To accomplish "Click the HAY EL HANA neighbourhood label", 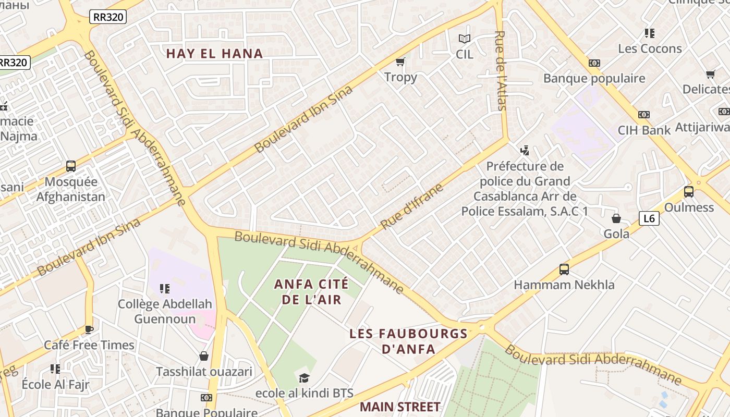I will pos(214,53).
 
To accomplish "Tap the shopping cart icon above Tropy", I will pos(400,62).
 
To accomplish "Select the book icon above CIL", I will pos(464,39).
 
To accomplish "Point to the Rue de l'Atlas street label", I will pos(501,70).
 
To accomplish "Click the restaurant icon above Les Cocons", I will pos(649,33).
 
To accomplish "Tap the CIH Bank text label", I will pos(644,130).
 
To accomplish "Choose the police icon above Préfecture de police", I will pos(525,151).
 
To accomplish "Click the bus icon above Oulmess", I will pos(688,191).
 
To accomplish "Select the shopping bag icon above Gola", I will pos(616,218).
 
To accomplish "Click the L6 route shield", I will pos(649,218).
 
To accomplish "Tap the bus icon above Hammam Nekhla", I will pos(564,269).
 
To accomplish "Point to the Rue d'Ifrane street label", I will pos(411,206).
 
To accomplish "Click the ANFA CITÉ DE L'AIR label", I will pos(311,291).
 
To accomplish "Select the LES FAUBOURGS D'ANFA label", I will pos(408,341).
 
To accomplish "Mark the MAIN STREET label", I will pos(400,406).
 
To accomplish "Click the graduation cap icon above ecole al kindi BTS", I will pos(304,377).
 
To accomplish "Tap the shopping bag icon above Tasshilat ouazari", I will pos(204,356).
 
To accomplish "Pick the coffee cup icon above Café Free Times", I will pos(89,329).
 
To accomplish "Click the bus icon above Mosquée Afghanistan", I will pos(71,166).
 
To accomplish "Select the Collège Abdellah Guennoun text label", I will pos(165,311).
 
